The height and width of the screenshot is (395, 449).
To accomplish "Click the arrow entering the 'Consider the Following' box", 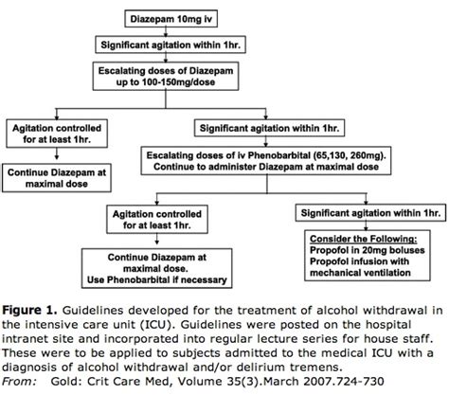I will pyautogui.click(x=362, y=222).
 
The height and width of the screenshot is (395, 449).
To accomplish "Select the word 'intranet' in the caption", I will pyautogui.click(x=30, y=336).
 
